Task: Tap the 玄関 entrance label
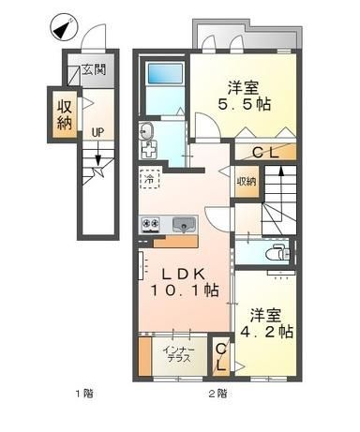(x=94, y=69)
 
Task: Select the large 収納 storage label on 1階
(x=65, y=115)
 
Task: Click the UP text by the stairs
(x=97, y=133)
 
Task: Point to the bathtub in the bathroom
(x=165, y=74)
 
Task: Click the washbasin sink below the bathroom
(x=146, y=131)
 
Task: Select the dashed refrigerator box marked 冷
(x=150, y=179)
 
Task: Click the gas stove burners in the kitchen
(x=151, y=224)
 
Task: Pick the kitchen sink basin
(x=185, y=225)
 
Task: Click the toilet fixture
(x=278, y=253)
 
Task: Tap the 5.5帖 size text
(x=244, y=104)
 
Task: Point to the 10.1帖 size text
(x=185, y=290)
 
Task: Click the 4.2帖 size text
(x=266, y=332)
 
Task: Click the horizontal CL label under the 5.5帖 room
(x=265, y=153)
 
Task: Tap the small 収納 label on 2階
(x=247, y=182)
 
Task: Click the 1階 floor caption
(x=84, y=393)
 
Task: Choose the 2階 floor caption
(x=217, y=393)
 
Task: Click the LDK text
(x=183, y=275)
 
